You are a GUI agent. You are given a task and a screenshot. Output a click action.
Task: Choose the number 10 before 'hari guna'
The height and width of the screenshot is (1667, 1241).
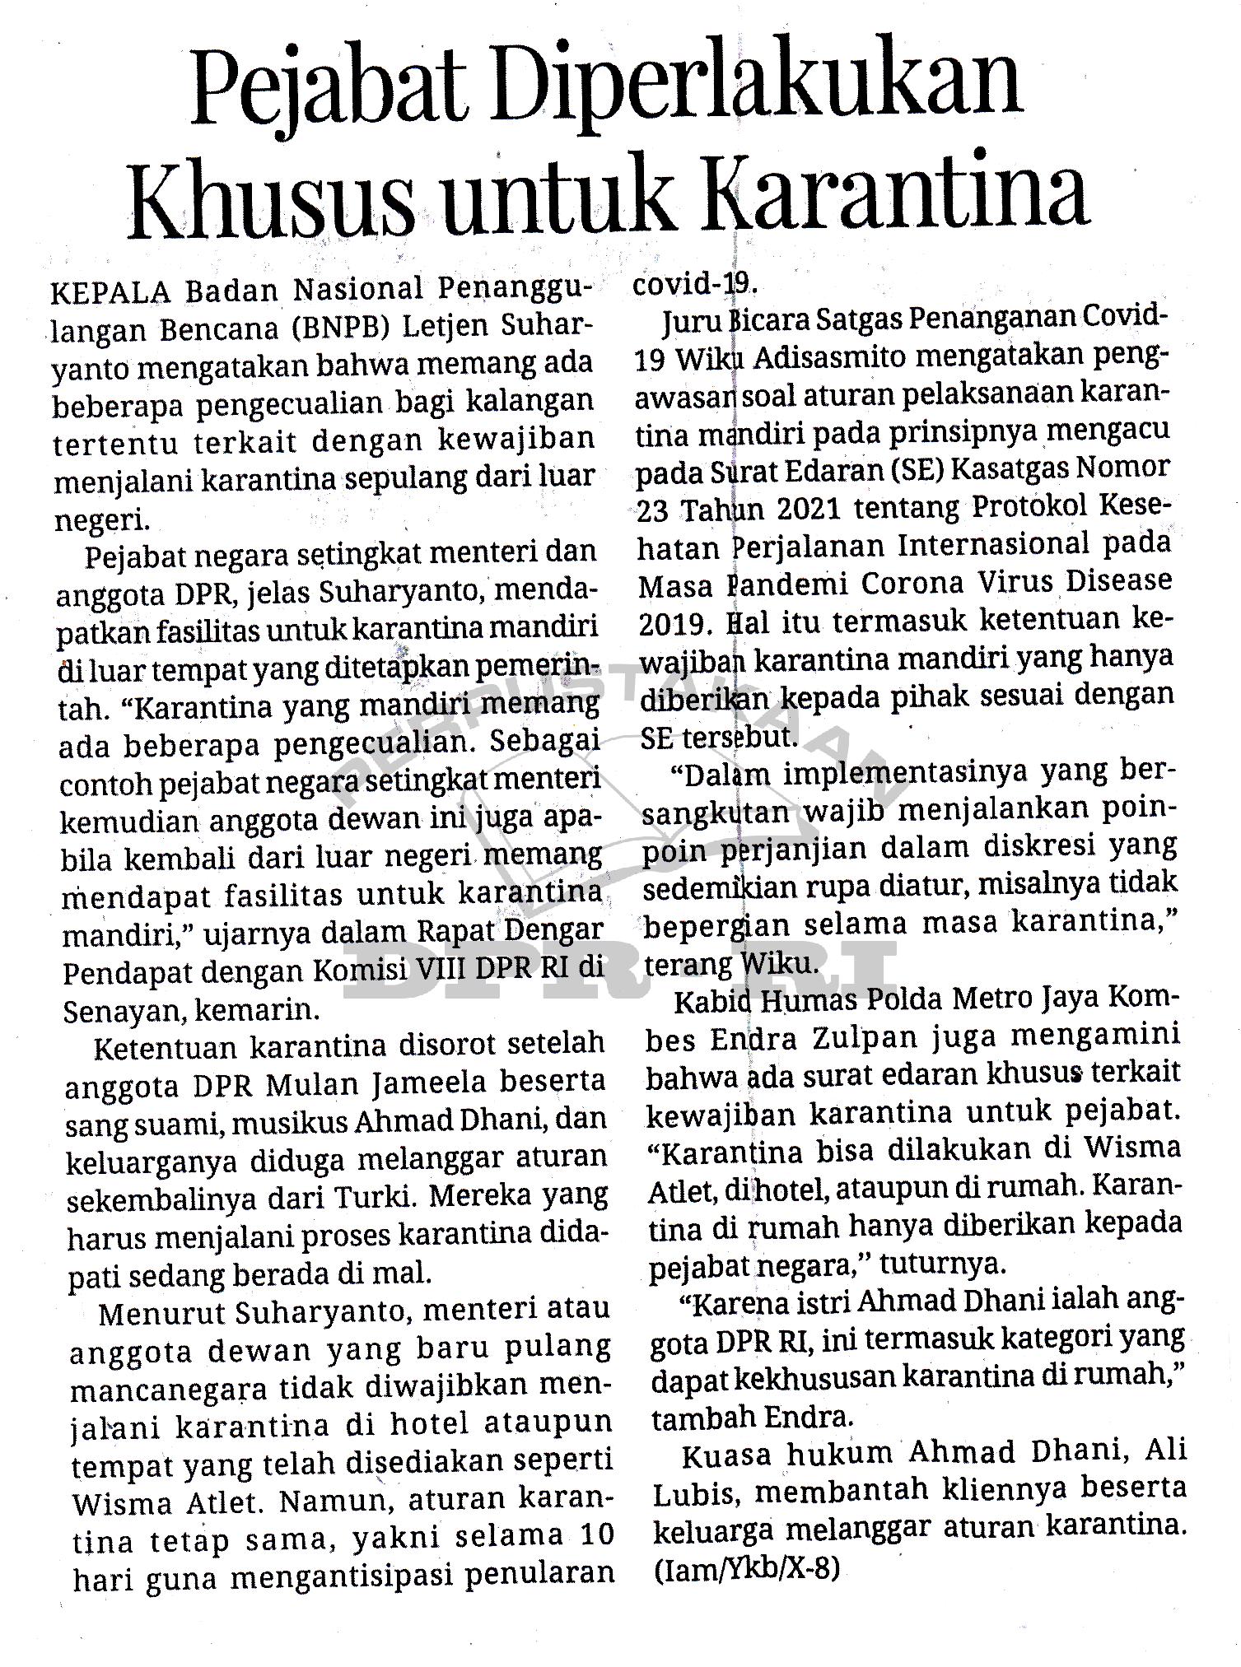click(x=595, y=1534)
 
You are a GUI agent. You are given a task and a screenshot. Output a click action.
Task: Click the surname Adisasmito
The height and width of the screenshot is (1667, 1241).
click(x=833, y=359)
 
